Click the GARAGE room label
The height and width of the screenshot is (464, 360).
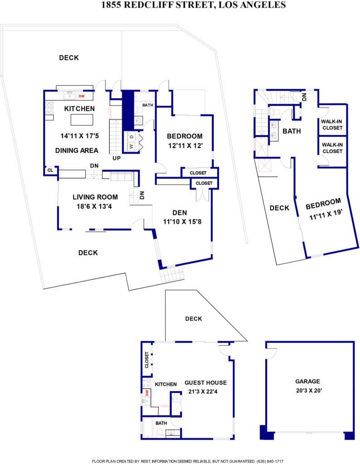pyautogui.click(x=307, y=382)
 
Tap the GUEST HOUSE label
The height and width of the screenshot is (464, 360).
pyautogui.click(x=206, y=382)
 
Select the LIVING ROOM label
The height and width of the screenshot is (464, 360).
pyautogui.click(x=95, y=197)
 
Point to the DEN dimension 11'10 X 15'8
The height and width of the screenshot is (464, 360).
pyautogui.click(x=182, y=222)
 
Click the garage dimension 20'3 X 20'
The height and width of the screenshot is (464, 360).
pyautogui.click(x=309, y=391)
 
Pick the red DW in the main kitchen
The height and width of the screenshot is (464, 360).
pyautogui.click(x=82, y=96)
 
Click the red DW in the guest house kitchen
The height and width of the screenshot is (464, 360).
pyautogui.click(x=146, y=393)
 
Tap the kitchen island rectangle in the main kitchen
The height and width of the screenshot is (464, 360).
pyautogui.click(x=82, y=120)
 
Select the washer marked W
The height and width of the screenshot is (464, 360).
pyautogui.click(x=131, y=146)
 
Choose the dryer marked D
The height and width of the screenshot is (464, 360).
pyautogui.click(x=131, y=137)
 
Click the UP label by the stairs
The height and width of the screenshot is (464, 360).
pyautogui.click(x=117, y=158)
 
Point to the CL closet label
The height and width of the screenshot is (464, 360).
pyautogui.click(x=50, y=170)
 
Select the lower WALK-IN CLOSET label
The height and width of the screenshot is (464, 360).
pyautogui.click(x=332, y=148)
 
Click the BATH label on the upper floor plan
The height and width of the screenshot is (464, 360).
pyautogui.click(x=292, y=131)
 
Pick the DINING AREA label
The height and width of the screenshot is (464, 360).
pyautogui.click(x=77, y=150)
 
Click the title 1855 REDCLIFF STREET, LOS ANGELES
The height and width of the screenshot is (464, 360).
pyautogui.click(x=194, y=5)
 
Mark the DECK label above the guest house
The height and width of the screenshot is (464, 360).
pyautogui.click(x=194, y=319)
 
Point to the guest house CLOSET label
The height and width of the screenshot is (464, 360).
pyautogui.click(x=147, y=360)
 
